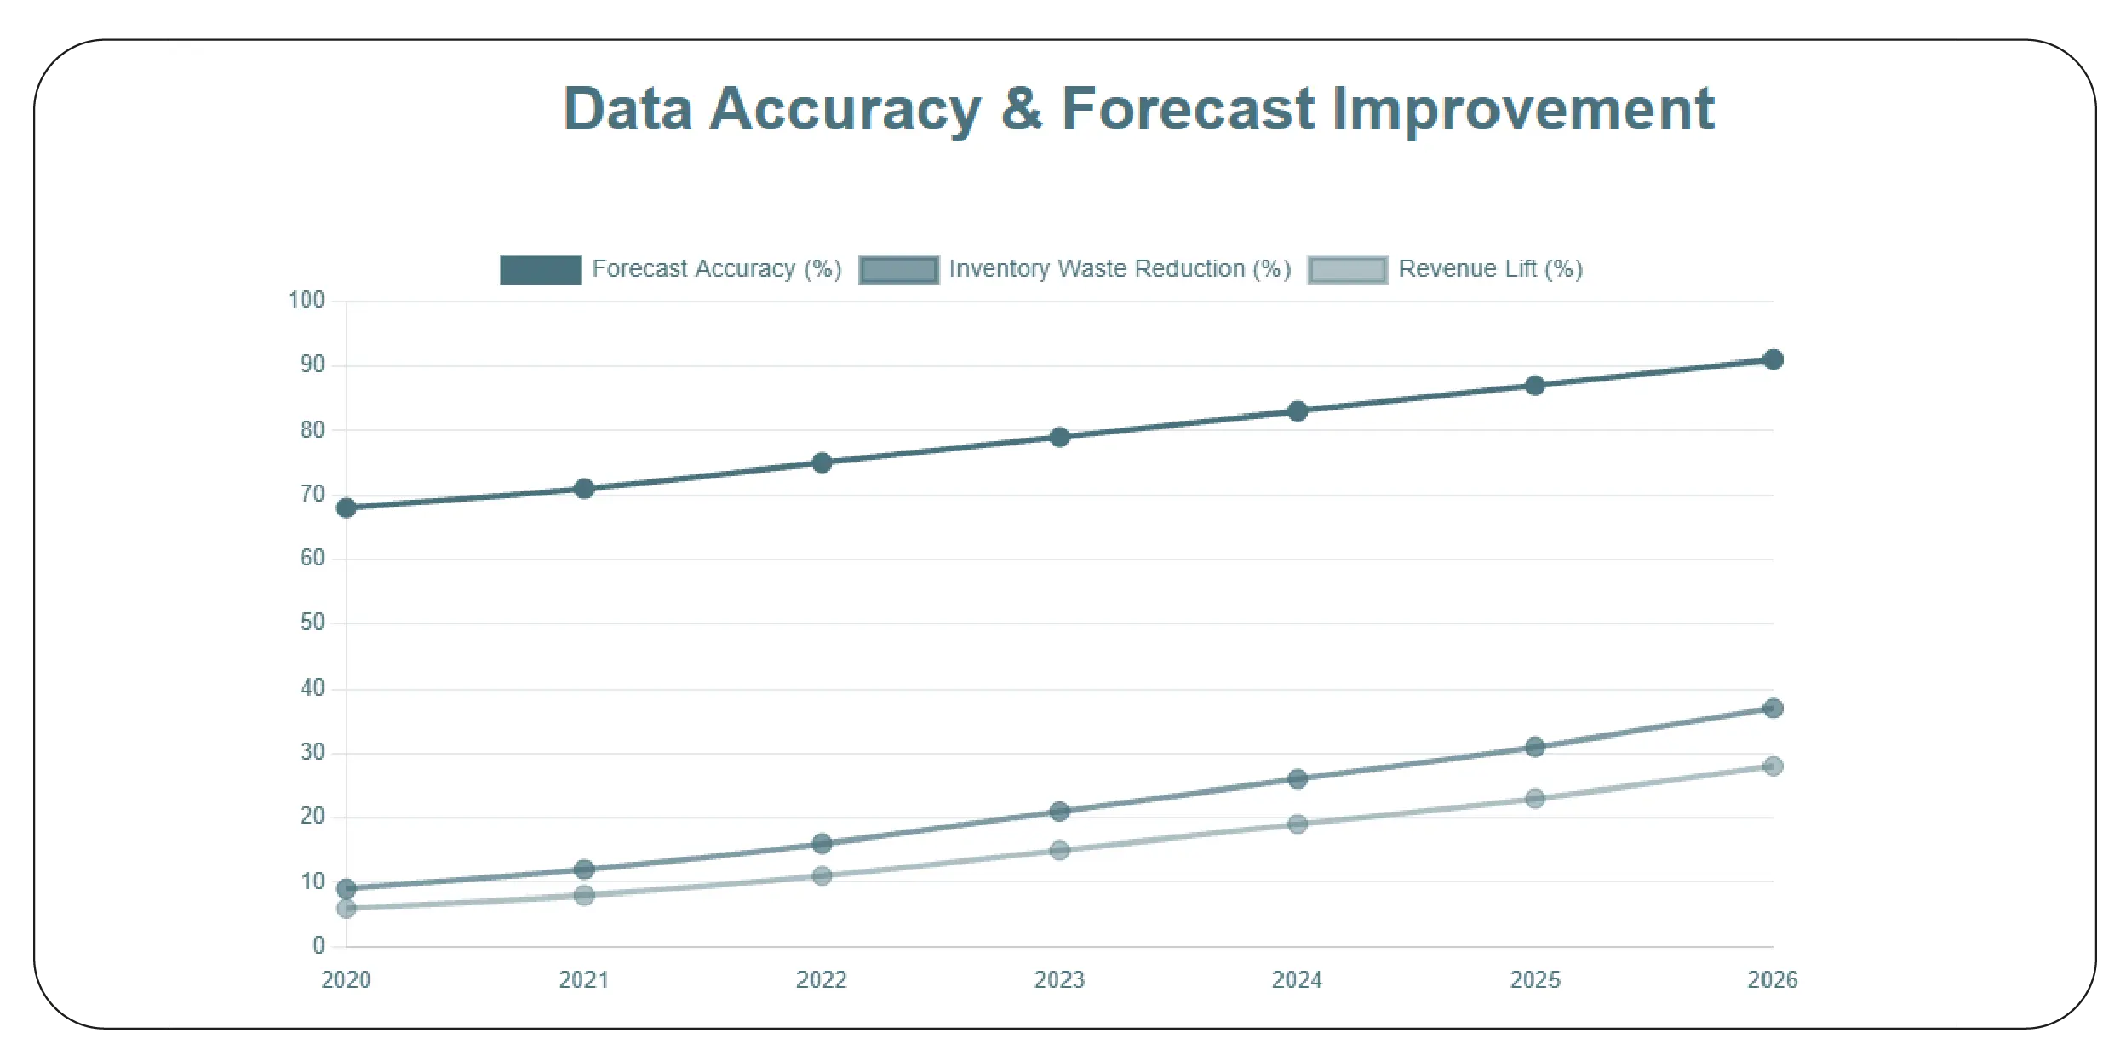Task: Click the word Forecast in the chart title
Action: tap(1188, 109)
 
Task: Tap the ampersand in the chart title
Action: tap(1021, 109)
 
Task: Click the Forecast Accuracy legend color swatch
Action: tap(541, 270)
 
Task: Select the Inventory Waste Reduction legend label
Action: tap(1120, 269)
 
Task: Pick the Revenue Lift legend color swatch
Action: tap(1347, 270)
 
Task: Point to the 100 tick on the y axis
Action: tap(307, 301)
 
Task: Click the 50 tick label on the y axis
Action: tap(312, 623)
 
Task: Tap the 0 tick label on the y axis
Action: tap(318, 945)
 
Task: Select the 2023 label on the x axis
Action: tap(1059, 980)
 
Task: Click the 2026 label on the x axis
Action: tap(1772, 980)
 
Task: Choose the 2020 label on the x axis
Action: tap(346, 980)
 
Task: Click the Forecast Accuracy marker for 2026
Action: tap(1773, 359)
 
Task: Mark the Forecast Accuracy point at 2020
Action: tap(347, 508)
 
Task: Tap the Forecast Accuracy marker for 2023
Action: tap(1059, 437)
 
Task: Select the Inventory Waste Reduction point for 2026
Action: tap(1773, 708)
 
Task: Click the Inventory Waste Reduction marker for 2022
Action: tap(822, 843)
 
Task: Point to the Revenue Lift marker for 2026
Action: tap(1773, 766)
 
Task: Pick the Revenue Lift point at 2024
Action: tap(1297, 824)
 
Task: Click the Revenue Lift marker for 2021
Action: tap(584, 895)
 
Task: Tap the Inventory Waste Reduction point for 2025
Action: tap(1534, 747)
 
